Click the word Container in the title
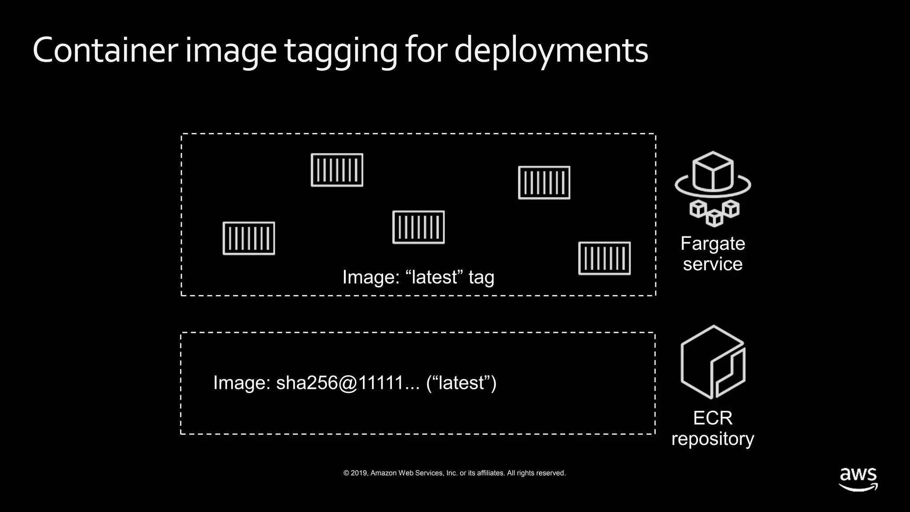tap(105, 50)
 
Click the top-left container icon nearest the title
tap(337, 170)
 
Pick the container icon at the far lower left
tap(249, 238)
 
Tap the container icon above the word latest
tap(419, 227)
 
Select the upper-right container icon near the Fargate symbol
tap(544, 183)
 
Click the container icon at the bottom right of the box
tap(604, 258)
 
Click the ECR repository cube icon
tap(713, 362)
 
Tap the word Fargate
tap(713, 244)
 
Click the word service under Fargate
tap(713, 264)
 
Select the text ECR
tap(713, 418)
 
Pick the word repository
tap(713, 439)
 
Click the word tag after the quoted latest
tap(481, 278)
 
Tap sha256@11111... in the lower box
tap(347, 383)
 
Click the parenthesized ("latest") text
tap(461, 383)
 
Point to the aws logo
tap(858, 479)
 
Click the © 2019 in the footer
tap(355, 473)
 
